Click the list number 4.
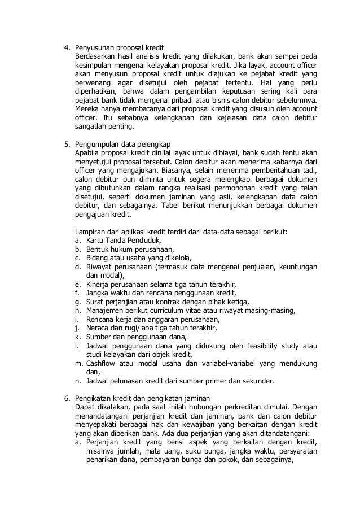65,46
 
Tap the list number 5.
65,142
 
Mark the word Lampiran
91,232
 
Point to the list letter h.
77,310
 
